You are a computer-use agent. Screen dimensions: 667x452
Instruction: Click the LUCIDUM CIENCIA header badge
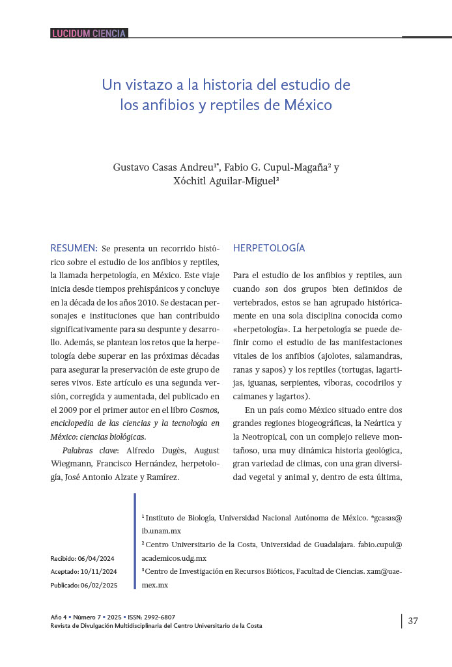tap(89, 33)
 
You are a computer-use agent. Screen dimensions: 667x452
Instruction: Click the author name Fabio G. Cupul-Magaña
tap(279, 167)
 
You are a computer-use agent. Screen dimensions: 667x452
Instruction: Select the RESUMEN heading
tap(74, 248)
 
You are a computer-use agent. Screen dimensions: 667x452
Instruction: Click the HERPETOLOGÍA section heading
tap(269, 248)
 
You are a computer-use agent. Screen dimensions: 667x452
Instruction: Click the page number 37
tap(413, 621)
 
